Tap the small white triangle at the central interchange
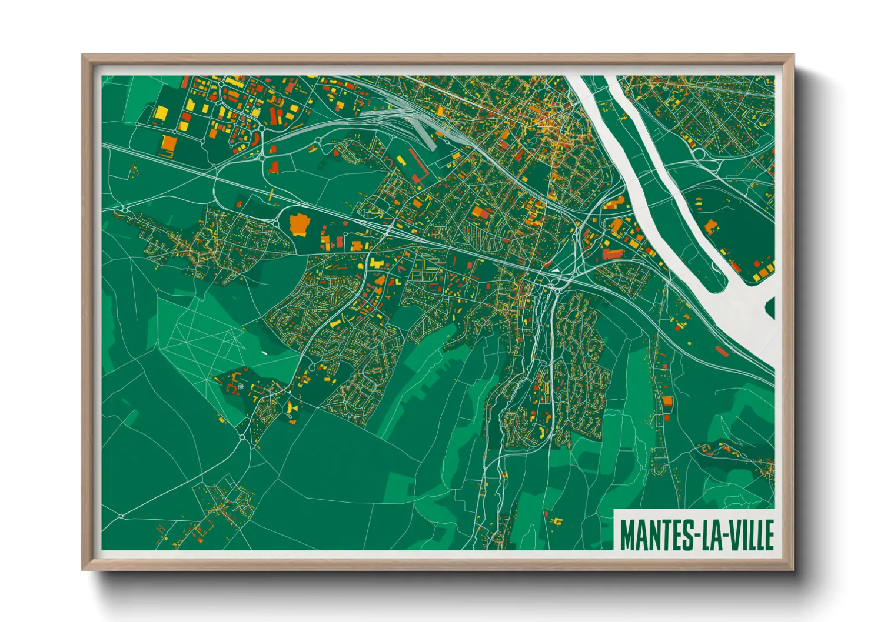point(554,271)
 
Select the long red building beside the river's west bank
point(613,254)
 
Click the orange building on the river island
point(710,226)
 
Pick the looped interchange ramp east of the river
point(700,154)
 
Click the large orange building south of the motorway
point(298,223)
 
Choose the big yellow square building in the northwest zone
point(161,112)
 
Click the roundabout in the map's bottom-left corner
point(121,516)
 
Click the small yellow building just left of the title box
point(556,520)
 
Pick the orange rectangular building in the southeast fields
point(667,401)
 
